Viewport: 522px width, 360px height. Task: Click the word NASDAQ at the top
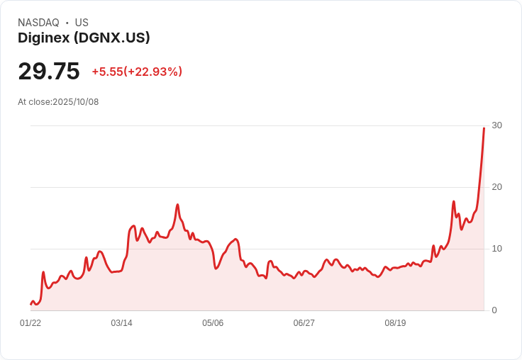tap(38, 23)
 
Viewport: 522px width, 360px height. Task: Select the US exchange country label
tap(82, 23)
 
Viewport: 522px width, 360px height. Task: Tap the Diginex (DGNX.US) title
tap(84, 38)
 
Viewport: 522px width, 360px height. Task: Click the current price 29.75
tap(49, 72)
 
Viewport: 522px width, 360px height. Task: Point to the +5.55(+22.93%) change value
tap(137, 72)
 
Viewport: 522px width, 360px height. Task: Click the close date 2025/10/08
tap(75, 102)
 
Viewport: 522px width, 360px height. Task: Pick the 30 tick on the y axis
tap(496, 125)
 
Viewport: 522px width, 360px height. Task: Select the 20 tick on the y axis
tap(496, 187)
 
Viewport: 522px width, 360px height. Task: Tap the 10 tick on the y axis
tap(496, 249)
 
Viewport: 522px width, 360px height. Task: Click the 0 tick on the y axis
tap(494, 310)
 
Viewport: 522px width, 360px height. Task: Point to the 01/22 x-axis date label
tap(30, 323)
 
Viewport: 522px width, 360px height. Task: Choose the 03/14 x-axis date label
tap(121, 323)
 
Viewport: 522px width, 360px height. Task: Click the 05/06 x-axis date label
tap(213, 323)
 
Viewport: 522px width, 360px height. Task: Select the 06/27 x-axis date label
tap(304, 323)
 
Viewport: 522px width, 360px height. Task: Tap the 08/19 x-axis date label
tap(395, 323)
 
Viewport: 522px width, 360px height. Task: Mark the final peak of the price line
tap(484, 128)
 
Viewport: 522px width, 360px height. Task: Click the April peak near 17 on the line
tap(177, 205)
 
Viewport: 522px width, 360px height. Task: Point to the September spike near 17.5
tap(454, 202)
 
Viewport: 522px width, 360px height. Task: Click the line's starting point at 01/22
tap(30, 304)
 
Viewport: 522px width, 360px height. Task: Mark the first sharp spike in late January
tap(43, 272)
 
